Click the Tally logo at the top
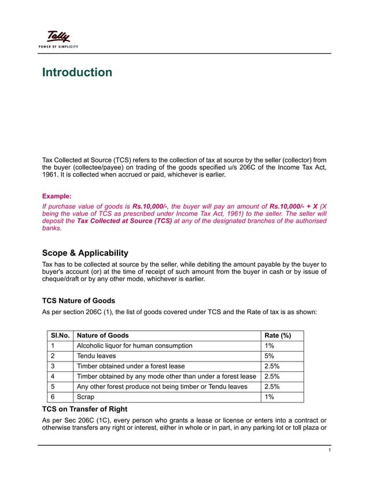tap(58, 37)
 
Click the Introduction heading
tap(77, 73)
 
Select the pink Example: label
tap(57, 196)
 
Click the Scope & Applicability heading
tap(85, 254)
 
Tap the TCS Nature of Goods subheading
tap(79, 300)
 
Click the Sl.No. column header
tap(60, 336)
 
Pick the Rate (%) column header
tap(277, 336)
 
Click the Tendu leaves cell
tap(97, 356)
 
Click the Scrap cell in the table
tap(86, 397)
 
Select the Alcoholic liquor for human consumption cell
tap(135, 346)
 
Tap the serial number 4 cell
tap(53, 377)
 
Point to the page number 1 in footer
tap(329, 450)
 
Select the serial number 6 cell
tap(53, 397)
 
